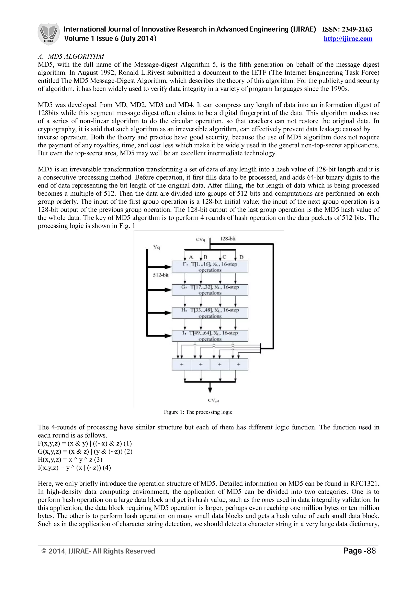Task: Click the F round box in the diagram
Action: (x=210, y=267)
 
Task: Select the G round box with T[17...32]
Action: (x=210, y=290)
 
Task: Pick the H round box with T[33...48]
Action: (x=210, y=313)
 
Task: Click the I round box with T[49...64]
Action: (x=210, y=336)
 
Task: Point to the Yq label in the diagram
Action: (x=156, y=247)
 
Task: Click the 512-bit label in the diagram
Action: (x=161, y=275)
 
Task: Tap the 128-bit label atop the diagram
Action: (x=228, y=239)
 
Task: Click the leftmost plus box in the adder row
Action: (x=181, y=364)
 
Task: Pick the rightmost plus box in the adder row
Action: (x=238, y=364)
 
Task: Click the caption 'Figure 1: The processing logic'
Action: (x=198, y=412)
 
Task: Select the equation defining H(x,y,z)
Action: (x=70, y=459)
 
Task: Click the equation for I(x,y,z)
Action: (x=74, y=467)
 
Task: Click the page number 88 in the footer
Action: (x=371, y=551)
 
